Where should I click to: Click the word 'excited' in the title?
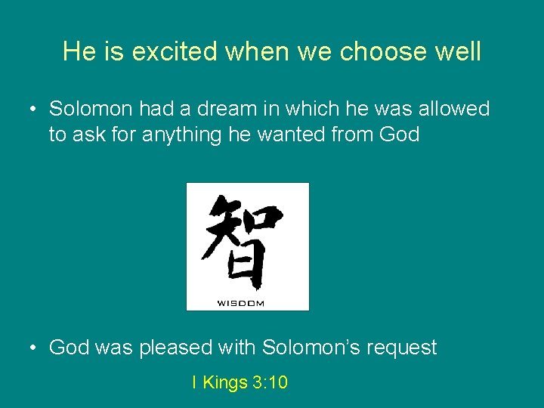point(172,51)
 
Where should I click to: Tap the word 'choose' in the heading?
point(385,51)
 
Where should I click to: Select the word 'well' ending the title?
point(459,51)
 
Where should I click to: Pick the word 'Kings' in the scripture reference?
point(225,383)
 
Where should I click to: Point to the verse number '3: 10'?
point(270,383)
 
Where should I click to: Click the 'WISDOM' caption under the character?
point(241,303)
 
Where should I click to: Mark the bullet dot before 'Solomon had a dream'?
point(33,110)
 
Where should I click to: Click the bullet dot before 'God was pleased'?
point(33,348)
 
